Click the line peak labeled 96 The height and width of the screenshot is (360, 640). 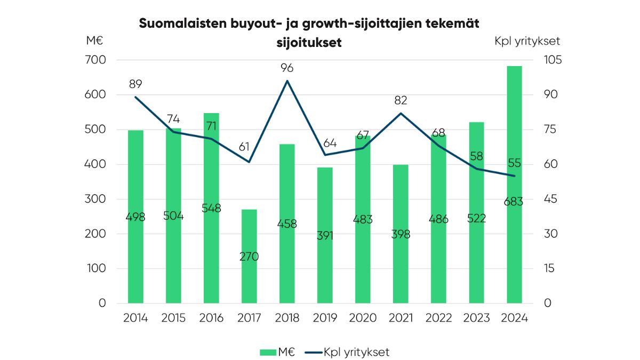(x=287, y=81)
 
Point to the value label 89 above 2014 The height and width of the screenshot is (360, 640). (x=135, y=84)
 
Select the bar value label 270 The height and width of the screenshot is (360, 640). (x=249, y=257)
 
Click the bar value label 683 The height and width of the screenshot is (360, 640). (x=514, y=202)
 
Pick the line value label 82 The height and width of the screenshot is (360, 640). (x=401, y=100)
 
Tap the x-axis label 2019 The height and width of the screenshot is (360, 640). (x=325, y=318)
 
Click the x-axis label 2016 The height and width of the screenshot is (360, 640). (x=211, y=318)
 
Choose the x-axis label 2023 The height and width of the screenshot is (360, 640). (x=476, y=318)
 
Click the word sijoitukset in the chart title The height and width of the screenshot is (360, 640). (x=309, y=43)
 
